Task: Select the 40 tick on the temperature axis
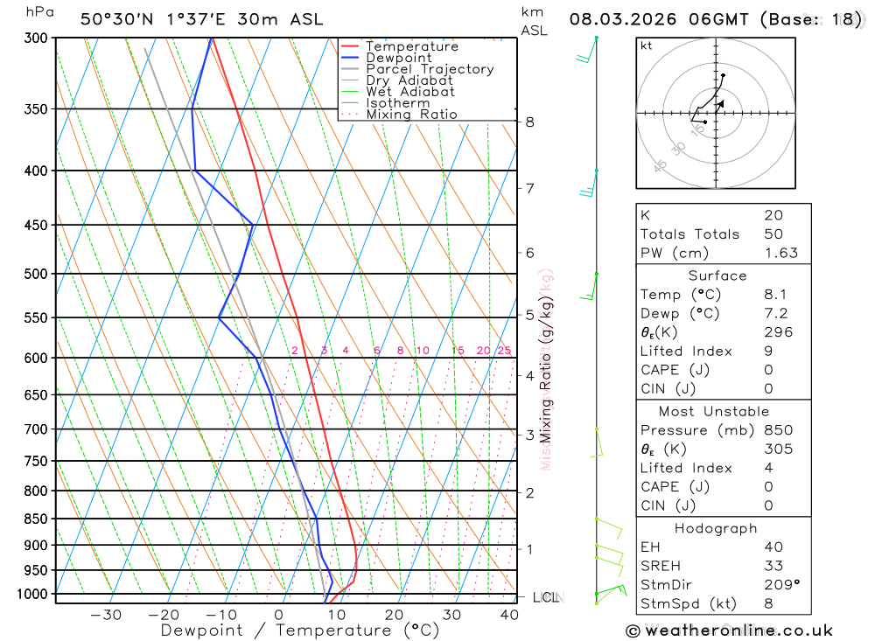507,615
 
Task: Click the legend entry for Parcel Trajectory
430,69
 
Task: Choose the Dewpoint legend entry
398,58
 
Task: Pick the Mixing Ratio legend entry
411,115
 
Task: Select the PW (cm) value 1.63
780,253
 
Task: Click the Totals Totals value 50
773,233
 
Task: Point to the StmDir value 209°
780,585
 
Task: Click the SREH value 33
773,566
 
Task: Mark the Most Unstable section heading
715,411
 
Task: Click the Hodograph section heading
716,528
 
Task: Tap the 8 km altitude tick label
529,122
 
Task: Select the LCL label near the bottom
545,597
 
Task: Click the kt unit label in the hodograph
647,45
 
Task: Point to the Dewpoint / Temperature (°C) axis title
299,630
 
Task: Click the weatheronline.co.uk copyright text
729,631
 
